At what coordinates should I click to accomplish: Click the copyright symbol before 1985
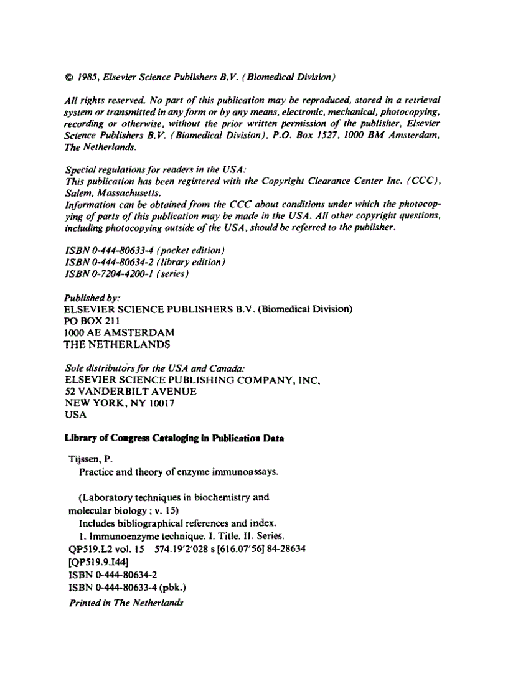point(69,78)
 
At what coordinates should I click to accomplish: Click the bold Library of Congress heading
point(174,438)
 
